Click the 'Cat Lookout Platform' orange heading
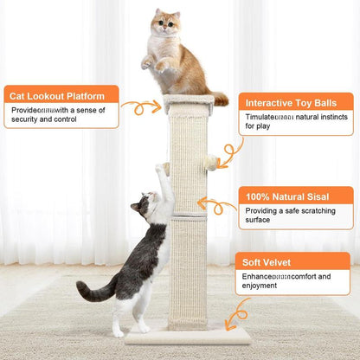click(58, 94)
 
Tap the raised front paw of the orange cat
click(147, 63)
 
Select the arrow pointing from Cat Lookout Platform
click(139, 108)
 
